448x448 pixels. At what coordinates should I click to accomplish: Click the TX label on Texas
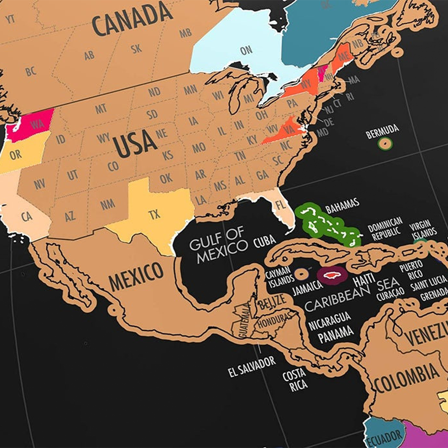tap(154, 215)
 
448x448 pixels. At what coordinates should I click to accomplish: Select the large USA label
tap(135, 143)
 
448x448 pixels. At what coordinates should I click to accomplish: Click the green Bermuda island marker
tap(385, 144)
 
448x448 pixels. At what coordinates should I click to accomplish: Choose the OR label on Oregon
tap(15, 155)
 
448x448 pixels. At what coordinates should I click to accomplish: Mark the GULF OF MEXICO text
tap(218, 245)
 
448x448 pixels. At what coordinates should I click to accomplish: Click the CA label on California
tap(27, 217)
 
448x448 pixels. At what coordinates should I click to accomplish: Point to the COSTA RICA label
tap(294, 379)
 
